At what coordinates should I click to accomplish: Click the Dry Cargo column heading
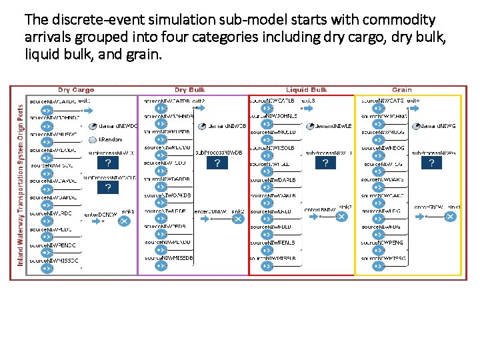click(76, 90)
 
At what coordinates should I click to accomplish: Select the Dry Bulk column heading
click(190, 90)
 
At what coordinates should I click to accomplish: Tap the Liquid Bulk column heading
click(306, 90)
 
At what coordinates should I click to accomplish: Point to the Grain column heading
click(402, 90)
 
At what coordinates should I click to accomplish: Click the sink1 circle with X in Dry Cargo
click(123, 221)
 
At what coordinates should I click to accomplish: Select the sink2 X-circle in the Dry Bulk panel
click(240, 221)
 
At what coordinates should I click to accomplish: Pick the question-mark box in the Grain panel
click(431, 163)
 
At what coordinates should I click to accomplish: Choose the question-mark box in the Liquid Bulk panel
click(325, 163)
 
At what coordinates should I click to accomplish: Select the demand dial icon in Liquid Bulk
click(310, 126)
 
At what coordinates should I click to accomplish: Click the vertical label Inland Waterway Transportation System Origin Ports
click(21, 184)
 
